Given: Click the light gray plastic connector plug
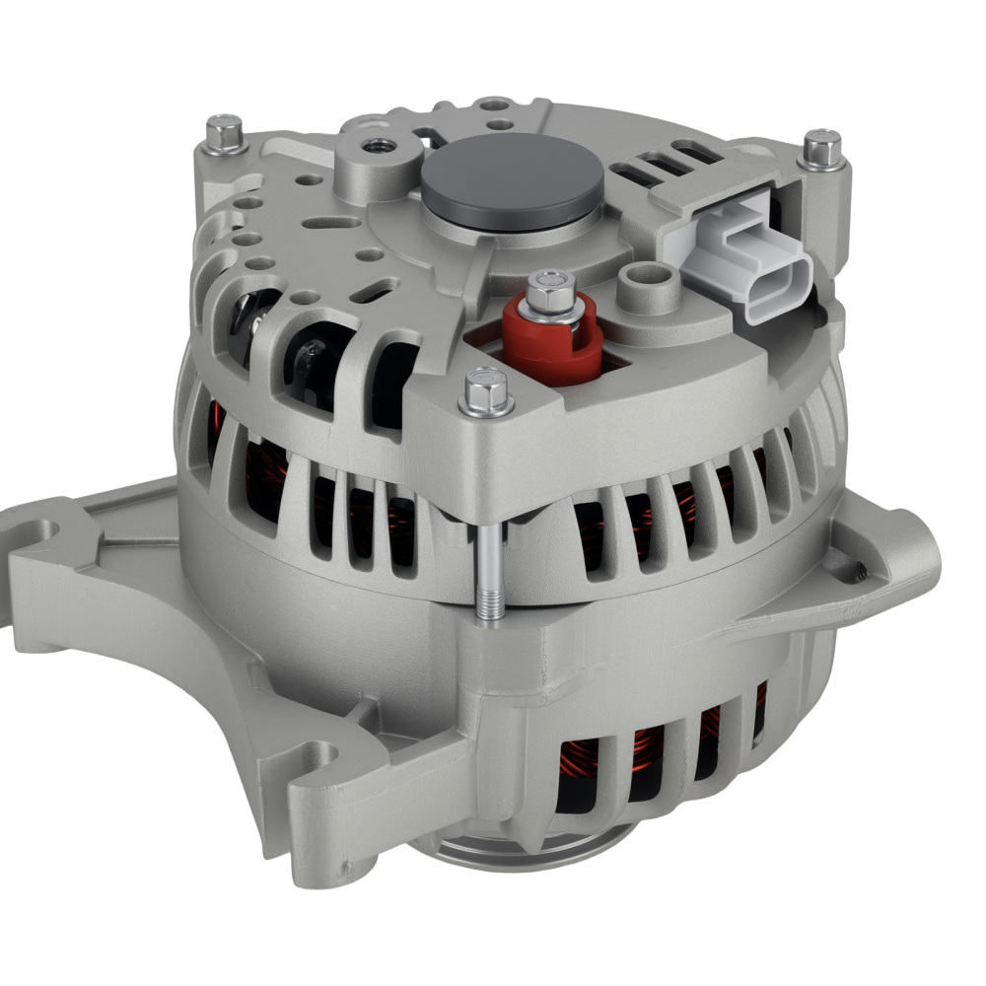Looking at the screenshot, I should tap(749, 258).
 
